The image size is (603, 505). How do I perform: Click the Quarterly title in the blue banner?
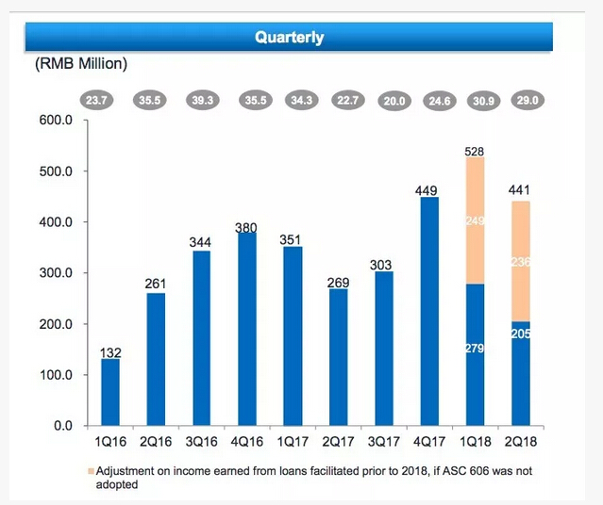click(x=290, y=38)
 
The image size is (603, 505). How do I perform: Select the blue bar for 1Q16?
click(x=110, y=392)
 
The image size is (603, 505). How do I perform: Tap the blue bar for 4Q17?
click(x=428, y=311)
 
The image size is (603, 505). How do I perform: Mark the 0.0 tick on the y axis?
click(x=61, y=426)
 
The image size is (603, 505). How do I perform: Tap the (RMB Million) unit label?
click(x=80, y=64)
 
